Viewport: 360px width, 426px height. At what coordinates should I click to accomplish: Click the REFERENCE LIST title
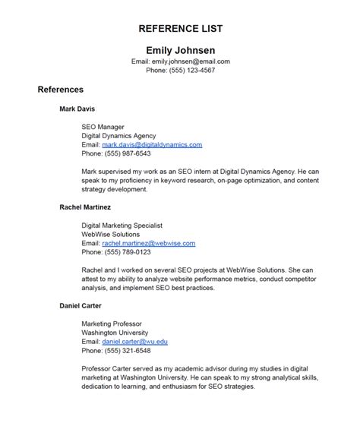[180, 28]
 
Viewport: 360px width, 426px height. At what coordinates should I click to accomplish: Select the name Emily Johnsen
[180, 49]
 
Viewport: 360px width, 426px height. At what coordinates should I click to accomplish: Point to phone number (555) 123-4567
[191, 70]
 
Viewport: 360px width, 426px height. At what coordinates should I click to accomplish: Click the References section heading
[61, 90]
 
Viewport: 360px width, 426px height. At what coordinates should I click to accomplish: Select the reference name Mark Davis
[77, 109]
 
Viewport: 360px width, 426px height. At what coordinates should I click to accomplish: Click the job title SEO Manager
[103, 126]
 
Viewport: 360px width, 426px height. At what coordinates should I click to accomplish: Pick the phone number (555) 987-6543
[131, 153]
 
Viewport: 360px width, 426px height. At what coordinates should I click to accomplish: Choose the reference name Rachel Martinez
[85, 207]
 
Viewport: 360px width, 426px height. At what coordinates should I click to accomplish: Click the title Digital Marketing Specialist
[122, 225]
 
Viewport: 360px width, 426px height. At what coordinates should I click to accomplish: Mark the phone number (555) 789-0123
[131, 251]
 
